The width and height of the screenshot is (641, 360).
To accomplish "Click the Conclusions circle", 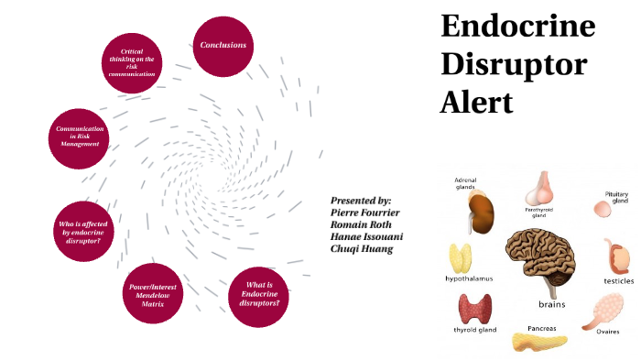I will pyautogui.click(x=223, y=44).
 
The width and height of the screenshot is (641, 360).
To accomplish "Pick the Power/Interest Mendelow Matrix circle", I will pyautogui.click(x=154, y=293).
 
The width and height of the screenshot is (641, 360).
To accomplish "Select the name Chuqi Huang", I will pyautogui.click(x=361, y=247).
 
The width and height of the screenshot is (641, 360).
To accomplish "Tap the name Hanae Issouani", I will pyautogui.click(x=366, y=235).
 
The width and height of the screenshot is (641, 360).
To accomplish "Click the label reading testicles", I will pyautogui.click(x=612, y=281).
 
